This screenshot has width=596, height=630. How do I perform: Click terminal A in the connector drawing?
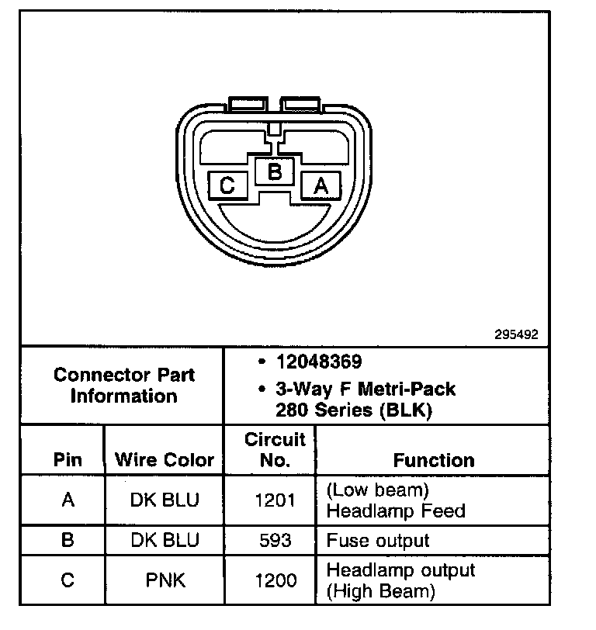point(321,185)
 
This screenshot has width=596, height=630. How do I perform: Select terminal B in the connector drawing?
point(274,171)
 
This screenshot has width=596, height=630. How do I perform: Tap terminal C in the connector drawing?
point(227,185)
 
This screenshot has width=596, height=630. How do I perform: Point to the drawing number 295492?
point(516,335)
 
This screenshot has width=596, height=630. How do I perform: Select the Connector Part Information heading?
point(124,385)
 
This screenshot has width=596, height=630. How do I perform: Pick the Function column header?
point(434,459)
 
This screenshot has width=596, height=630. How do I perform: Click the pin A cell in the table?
point(67,500)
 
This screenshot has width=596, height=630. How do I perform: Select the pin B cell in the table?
point(67,540)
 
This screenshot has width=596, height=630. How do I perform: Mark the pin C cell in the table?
point(67,580)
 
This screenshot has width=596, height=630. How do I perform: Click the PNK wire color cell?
point(164,580)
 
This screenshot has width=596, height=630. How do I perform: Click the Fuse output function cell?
point(378,540)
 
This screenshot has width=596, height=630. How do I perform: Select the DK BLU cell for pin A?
point(164,500)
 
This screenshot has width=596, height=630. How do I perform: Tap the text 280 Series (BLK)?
point(353,409)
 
